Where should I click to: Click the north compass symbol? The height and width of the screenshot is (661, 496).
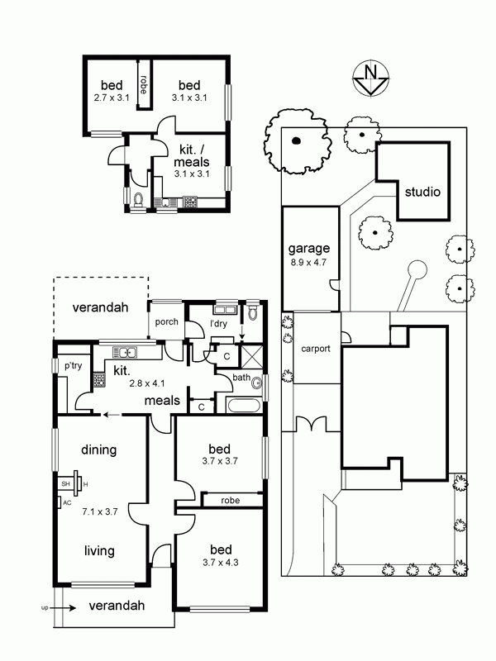pyautogui.click(x=370, y=79)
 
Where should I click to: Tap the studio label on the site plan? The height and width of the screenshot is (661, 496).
pyautogui.click(x=422, y=193)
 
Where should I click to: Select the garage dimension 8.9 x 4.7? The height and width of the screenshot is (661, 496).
pyautogui.click(x=308, y=262)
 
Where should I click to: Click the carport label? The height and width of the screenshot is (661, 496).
pyautogui.click(x=316, y=349)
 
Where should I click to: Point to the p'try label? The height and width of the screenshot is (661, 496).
pyautogui.click(x=73, y=365)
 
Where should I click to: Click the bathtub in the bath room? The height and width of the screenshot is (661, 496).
pyautogui.click(x=244, y=405)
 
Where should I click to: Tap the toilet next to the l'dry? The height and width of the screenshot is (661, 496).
pyautogui.click(x=253, y=311)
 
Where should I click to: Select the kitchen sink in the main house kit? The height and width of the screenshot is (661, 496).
pyautogui.click(x=124, y=352)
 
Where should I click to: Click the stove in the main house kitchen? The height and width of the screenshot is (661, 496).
pyautogui.click(x=98, y=379)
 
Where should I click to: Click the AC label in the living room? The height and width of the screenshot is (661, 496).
pyautogui.click(x=67, y=503)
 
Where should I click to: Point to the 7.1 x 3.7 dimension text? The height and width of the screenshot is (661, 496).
pyautogui.click(x=99, y=511)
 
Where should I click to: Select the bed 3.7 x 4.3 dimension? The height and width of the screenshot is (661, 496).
pyautogui.click(x=220, y=563)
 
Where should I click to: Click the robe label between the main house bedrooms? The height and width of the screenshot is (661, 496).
pyautogui.click(x=231, y=501)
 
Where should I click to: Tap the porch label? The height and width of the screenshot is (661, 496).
pyautogui.click(x=166, y=322)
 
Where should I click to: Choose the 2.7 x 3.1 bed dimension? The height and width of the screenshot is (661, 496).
pyautogui.click(x=112, y=97)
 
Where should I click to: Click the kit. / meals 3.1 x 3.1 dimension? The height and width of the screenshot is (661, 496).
pyautogui.click(x=192, y=174)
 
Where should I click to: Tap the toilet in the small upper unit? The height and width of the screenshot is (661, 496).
pyautogui.click(x=138, y=200)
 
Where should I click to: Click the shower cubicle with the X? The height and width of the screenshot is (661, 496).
pyautogui.click(x=250, y=356)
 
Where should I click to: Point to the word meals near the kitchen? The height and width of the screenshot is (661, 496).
pyautogui.click(x=162, y=401)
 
